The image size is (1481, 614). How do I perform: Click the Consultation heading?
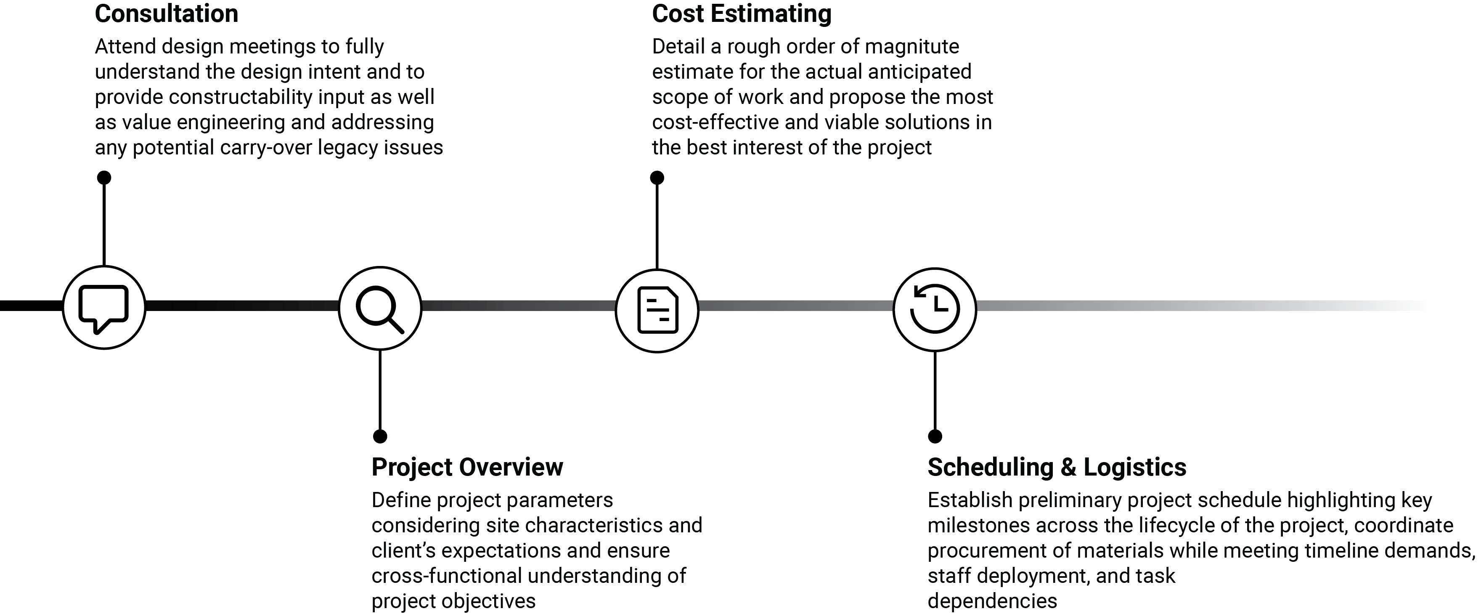pyautogui.click(x=166, y=14)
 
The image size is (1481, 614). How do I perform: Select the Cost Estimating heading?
pyautogui.click(x=742, y=14)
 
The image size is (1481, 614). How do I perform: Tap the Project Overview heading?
pyautogui.click(x=467, y=467)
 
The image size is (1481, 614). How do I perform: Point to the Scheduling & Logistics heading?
pyautogui.click(x=1057, y=467)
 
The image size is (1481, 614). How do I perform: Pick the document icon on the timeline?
pyautogui.click(x=658, y=310)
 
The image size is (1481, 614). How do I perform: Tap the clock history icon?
pyautogui.click(x=935, y=308)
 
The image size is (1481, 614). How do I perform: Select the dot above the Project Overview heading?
pyautogui.click(x=380, y=436)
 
